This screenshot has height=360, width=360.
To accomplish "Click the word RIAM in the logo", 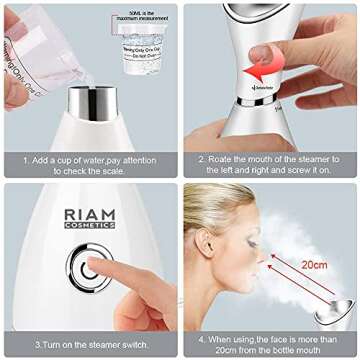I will point(89,214).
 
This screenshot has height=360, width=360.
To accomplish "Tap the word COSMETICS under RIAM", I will point(89,226).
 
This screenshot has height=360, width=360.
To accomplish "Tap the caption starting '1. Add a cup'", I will point(89,163).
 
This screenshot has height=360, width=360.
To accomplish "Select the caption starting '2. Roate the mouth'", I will point(270,163).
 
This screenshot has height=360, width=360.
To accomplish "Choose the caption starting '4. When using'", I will point(270,344).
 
